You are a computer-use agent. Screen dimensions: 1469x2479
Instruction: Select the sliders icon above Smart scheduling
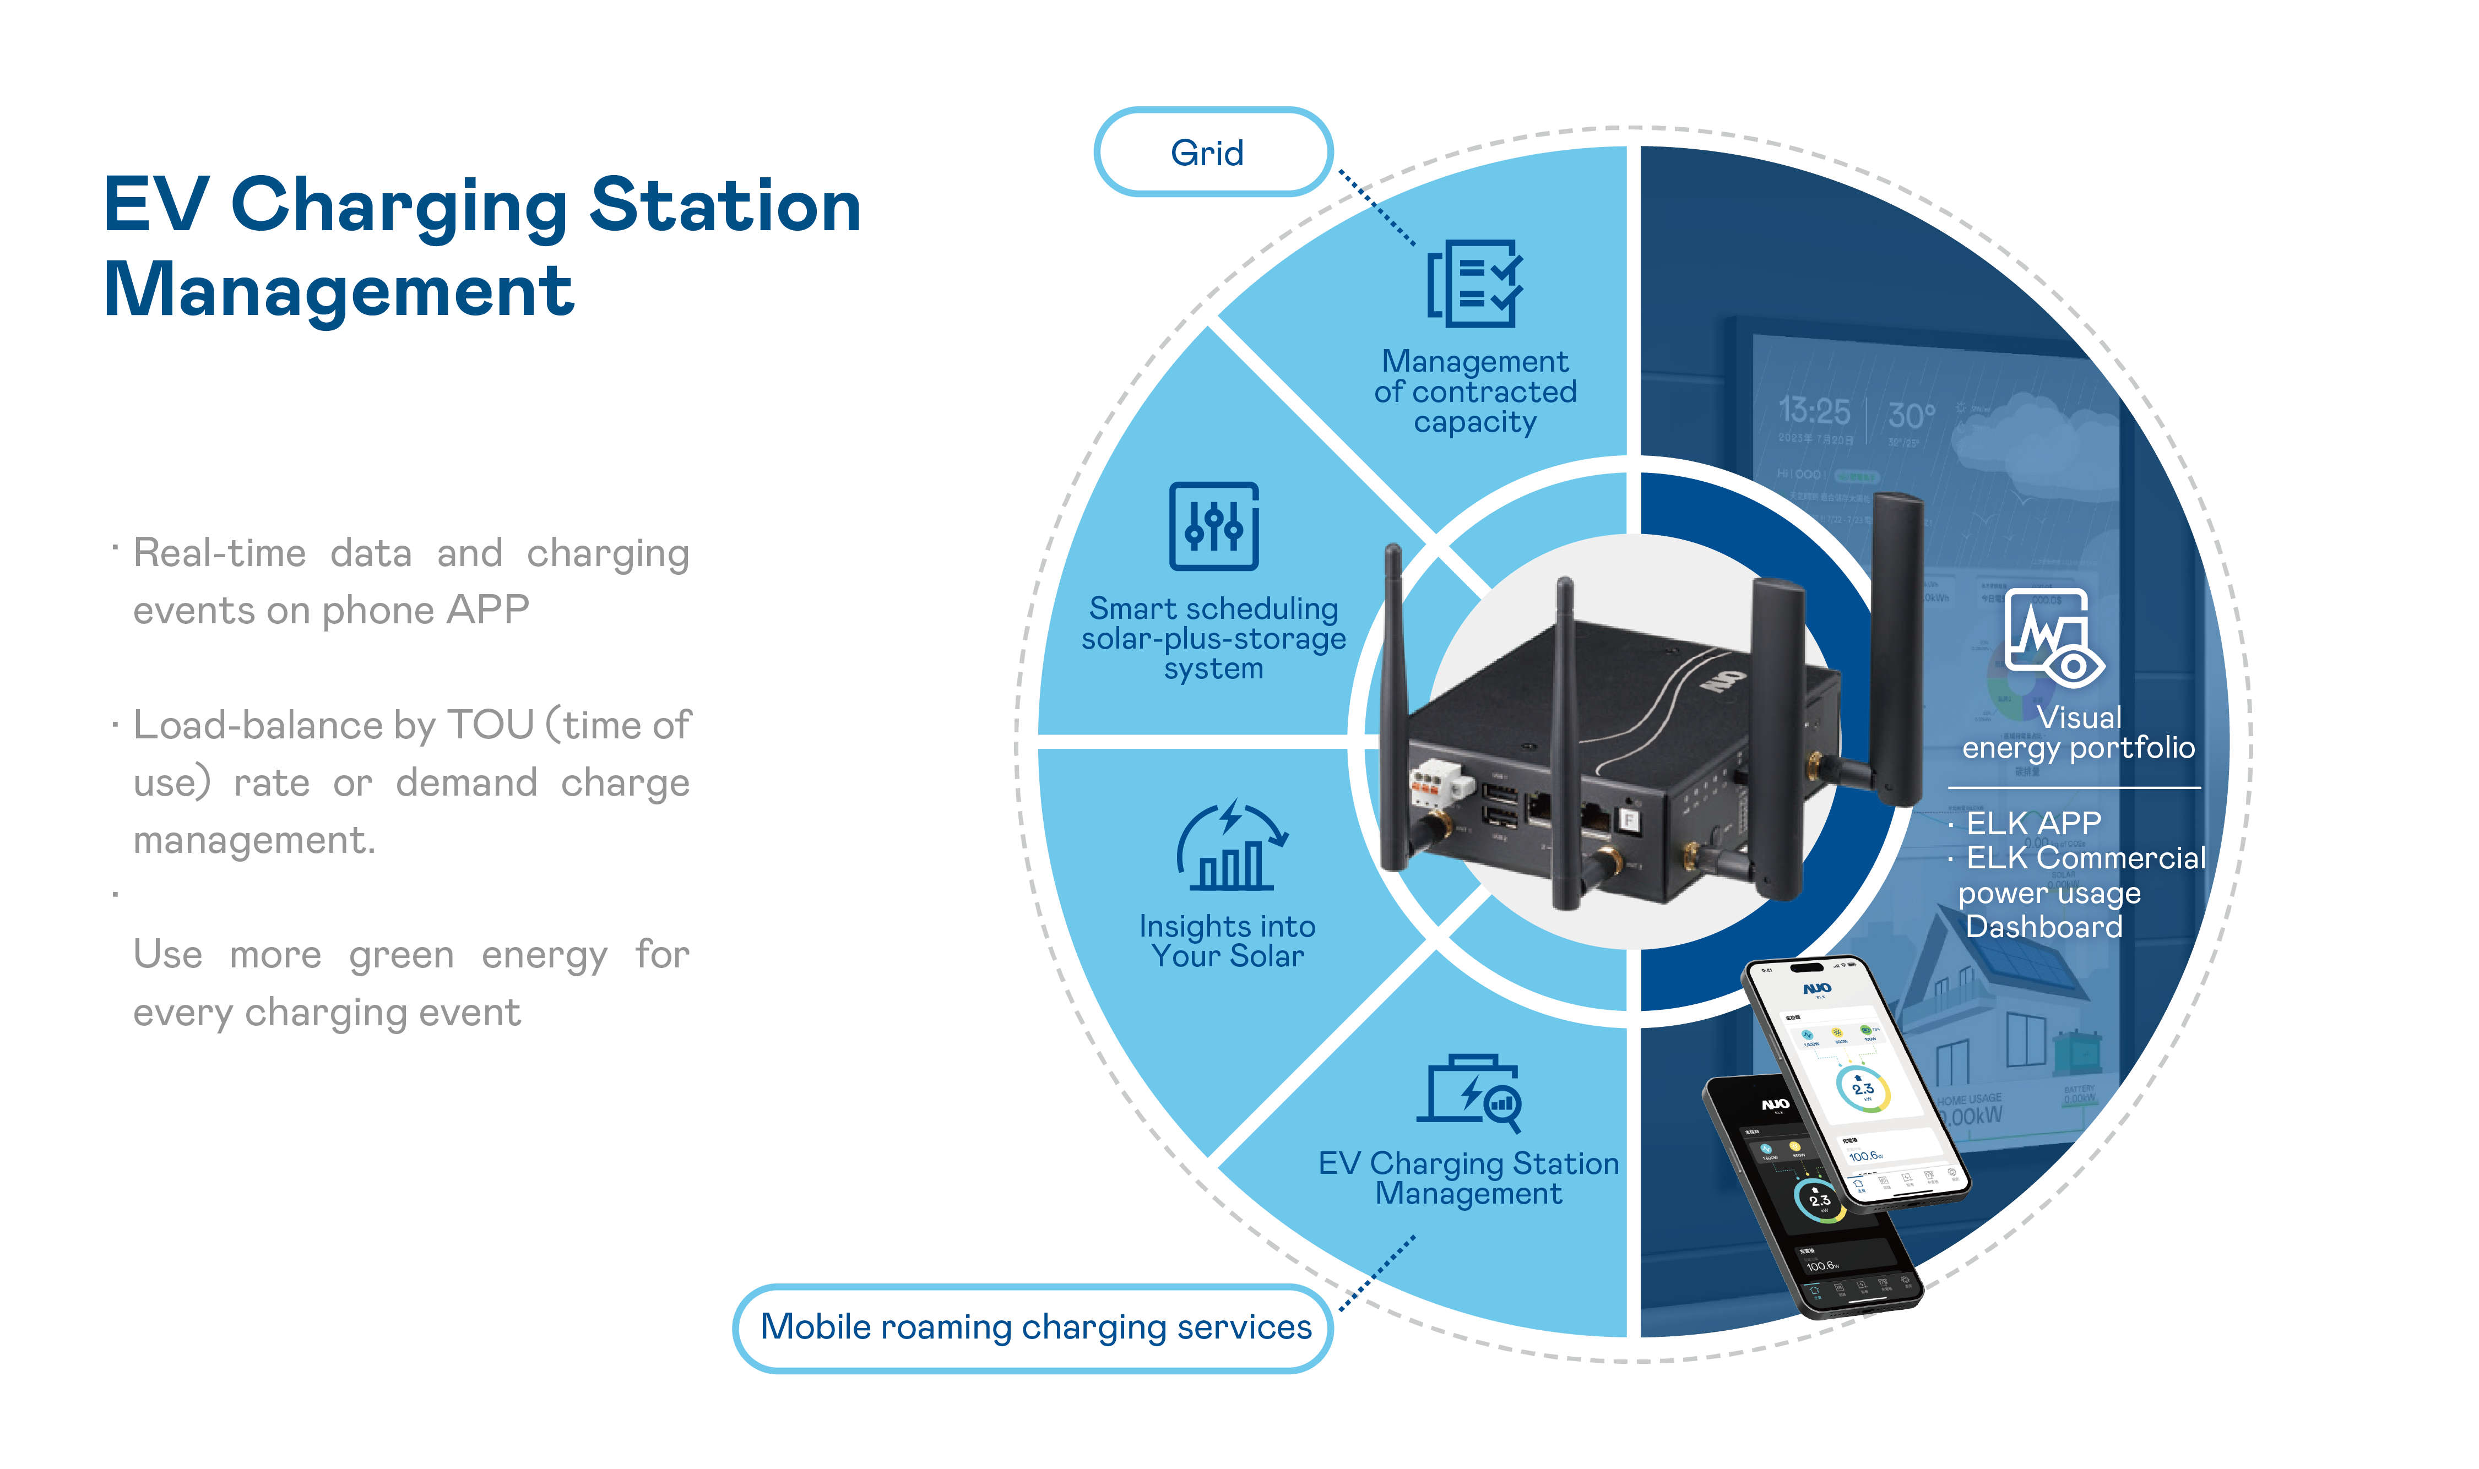(x=1214, y=526)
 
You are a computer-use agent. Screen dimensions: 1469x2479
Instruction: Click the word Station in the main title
(x=725, y=206)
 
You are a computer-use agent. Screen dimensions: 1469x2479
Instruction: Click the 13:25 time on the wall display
(x=1814, y=410)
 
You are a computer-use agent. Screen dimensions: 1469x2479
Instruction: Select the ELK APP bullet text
(x=2032, y=823)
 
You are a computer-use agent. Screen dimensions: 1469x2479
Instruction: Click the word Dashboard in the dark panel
(x=2043, y=928)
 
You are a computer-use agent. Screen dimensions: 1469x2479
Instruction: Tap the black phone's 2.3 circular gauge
(x=1819, y=1200)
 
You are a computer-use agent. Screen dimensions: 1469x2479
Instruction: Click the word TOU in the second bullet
(x=490, y=726)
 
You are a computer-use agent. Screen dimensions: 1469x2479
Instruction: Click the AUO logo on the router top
(x=1723, y=676)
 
